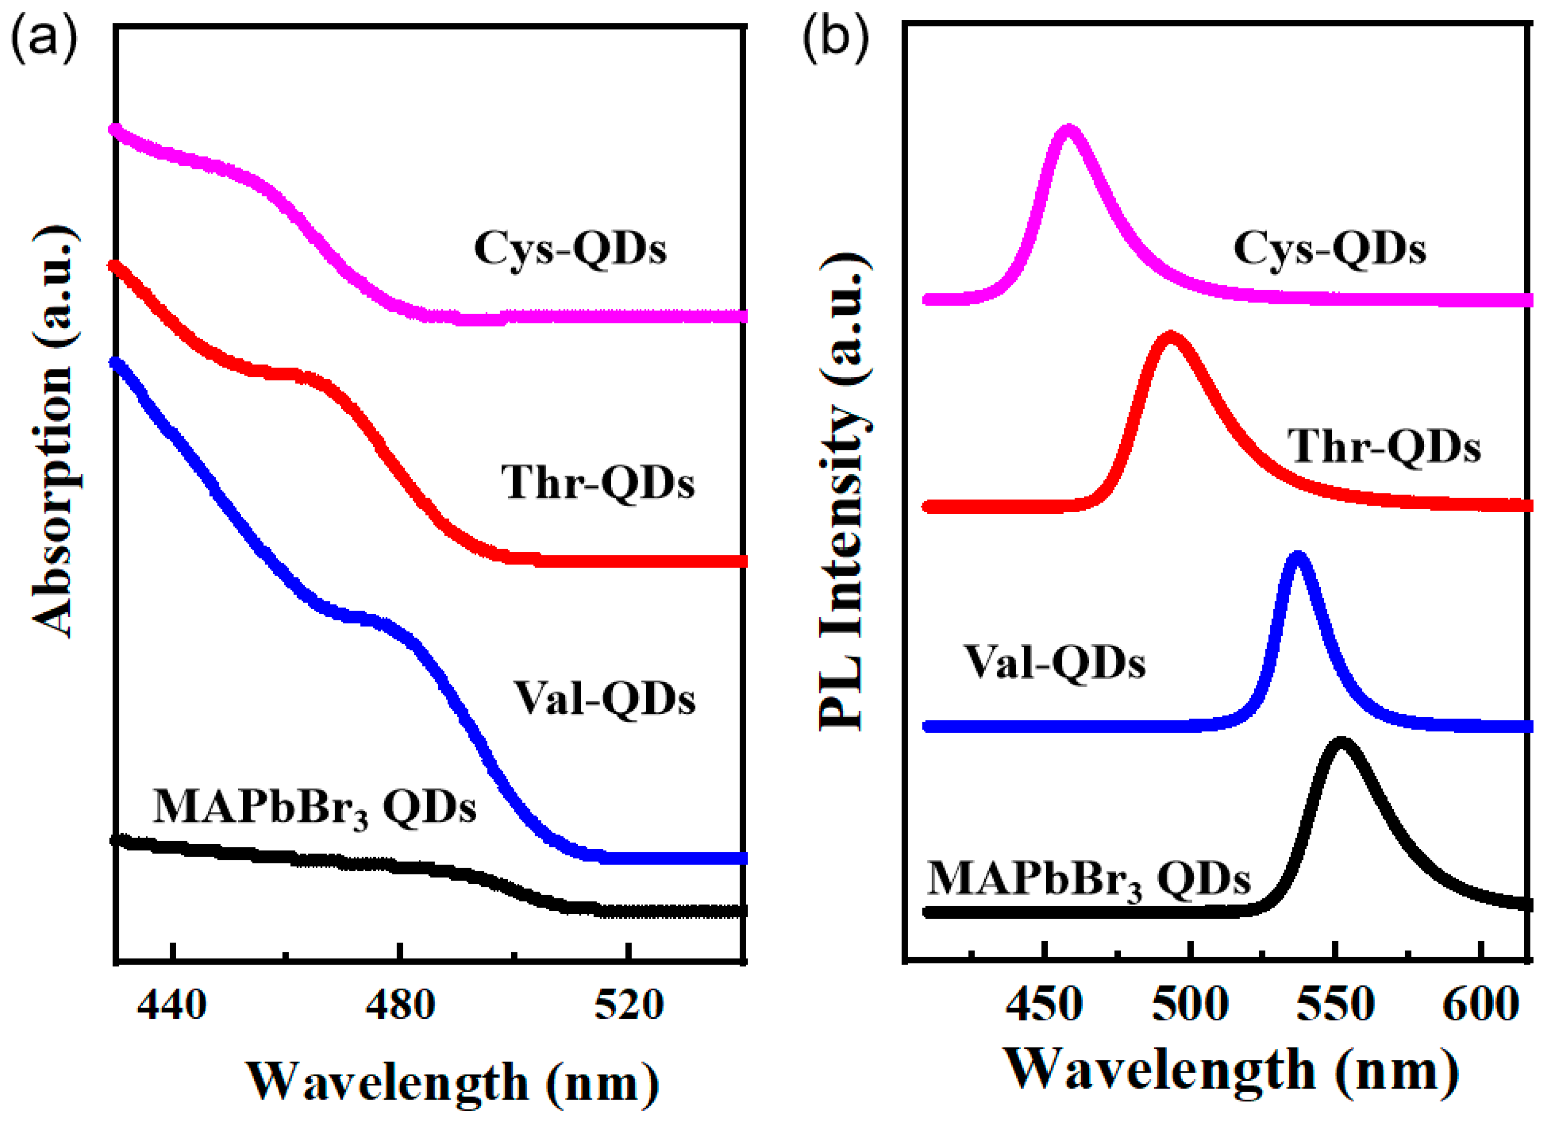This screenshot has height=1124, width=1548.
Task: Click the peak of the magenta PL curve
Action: [x=1069, y=131]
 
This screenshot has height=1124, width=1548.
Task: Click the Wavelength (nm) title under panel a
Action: [x=453, y=1082]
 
